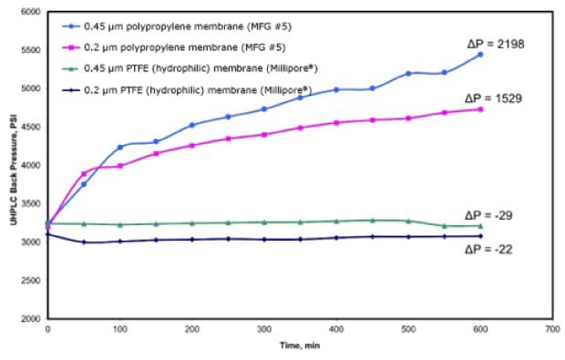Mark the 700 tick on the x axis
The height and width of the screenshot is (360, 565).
(x=550, y=329)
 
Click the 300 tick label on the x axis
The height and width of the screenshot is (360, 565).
(x=262, y=329)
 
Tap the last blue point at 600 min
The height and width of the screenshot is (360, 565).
(x=479, y=55)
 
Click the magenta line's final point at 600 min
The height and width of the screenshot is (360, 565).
(x=479, y=109)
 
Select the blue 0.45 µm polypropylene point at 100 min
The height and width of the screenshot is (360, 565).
(x=119, y=147)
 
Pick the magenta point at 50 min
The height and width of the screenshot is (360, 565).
(x=84, y=173)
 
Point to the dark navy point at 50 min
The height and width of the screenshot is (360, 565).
(x=84, y=242)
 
